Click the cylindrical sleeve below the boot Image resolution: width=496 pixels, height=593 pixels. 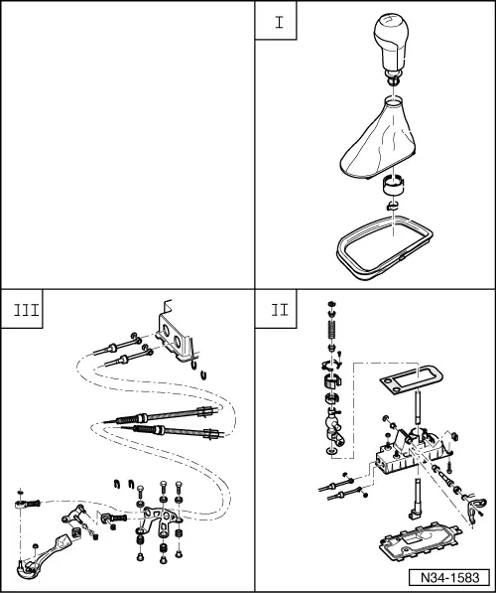point(394,184)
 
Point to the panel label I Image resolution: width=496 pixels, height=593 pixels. point(278,23)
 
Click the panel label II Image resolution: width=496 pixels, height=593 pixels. point(278,308)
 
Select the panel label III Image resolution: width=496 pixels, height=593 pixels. point(24,308)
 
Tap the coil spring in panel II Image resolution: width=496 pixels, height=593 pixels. point(328,329)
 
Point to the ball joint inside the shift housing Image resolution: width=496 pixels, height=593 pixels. point(329,429)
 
